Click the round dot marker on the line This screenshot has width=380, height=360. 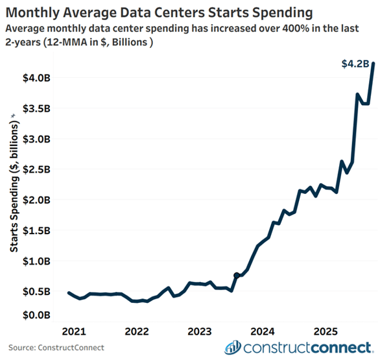click(x=237, y=276)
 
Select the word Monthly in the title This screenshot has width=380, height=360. click(x=36, y=12)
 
